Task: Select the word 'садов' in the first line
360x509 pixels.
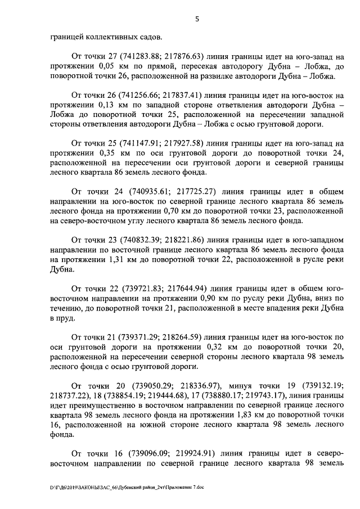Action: [147, 37]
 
